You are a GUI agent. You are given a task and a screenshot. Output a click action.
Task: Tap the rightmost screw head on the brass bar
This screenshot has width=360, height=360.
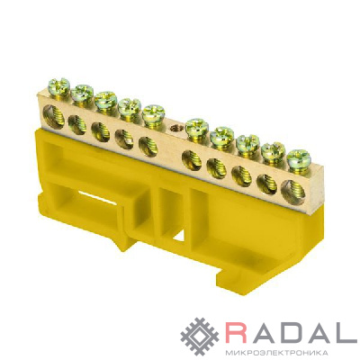299,157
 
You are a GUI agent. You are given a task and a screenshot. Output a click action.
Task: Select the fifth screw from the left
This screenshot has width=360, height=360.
153,112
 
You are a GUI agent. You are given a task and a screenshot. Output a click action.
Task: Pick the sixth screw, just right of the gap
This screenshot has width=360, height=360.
197,126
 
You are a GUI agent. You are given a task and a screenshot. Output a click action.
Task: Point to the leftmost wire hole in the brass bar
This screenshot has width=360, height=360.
53,115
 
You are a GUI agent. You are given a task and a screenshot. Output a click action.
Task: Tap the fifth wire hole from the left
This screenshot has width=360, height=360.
148,147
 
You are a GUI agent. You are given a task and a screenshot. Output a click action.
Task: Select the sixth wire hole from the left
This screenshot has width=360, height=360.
192,159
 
